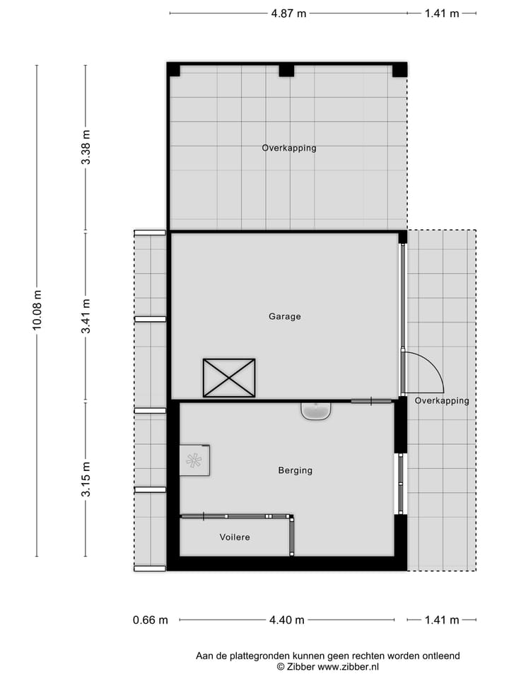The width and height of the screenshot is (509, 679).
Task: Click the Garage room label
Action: coord(284,316)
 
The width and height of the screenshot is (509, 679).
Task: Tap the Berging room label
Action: coord(295,470)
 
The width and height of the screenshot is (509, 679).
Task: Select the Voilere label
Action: coord(235,538)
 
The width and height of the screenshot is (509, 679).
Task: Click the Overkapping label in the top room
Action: coord(288,149)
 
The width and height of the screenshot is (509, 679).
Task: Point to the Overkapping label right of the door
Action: coord(442,400)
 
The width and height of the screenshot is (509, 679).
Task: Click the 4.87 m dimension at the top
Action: coord(288,13)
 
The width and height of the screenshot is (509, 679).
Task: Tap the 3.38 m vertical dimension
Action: coord(86,148)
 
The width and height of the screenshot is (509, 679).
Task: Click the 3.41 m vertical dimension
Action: coord(86,316)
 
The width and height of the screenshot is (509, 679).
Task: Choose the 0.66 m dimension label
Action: coord(151,620)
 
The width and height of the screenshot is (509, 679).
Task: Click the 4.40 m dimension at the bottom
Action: coord(287,620)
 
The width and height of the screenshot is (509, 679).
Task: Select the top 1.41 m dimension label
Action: coord(442,13)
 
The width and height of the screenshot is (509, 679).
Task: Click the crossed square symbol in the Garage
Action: coord(229,378)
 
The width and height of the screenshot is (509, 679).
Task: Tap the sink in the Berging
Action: coord(316,411)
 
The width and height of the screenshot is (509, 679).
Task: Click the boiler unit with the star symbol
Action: coord(194,460)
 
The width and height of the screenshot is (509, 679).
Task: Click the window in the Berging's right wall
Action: coord(400,483)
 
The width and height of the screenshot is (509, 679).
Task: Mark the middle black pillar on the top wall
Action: coord(286,70)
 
